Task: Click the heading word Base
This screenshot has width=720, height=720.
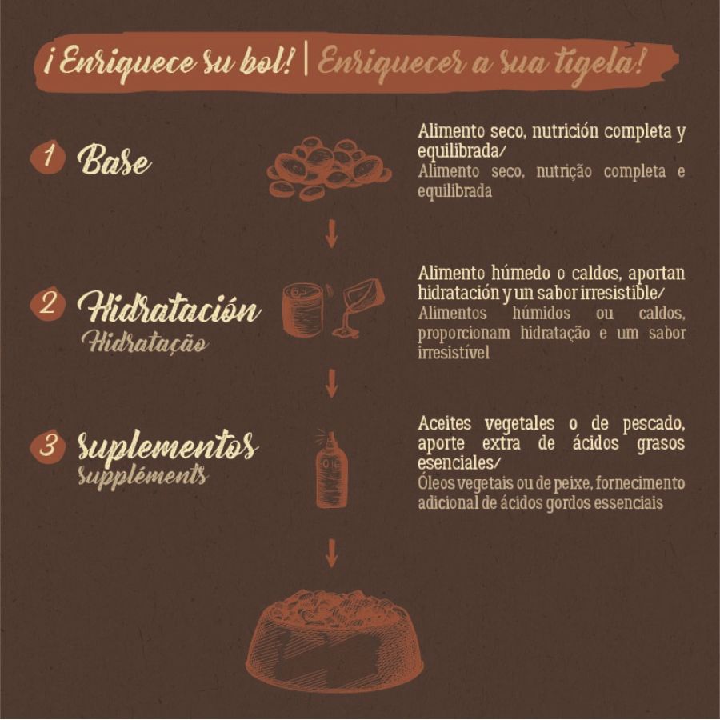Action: click(x=114, y=161)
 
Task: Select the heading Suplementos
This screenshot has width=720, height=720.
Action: click(x=167, y=448)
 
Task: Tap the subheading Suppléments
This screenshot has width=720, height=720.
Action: click(x=142, y=476)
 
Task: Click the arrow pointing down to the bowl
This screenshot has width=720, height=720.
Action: click(x=330, y=552)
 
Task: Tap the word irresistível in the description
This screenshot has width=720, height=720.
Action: click(x=453, y=353)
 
